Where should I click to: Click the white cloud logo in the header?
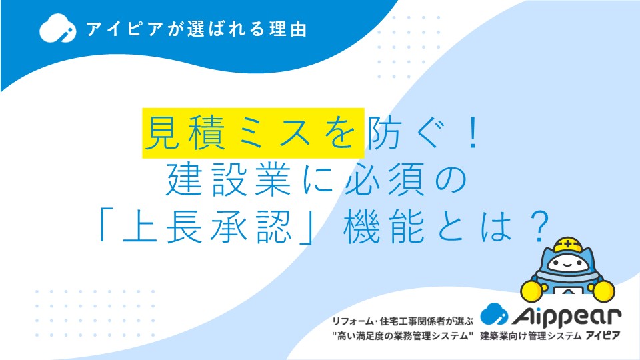[x=57, y=28]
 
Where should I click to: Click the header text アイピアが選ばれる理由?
[x=196, y=29]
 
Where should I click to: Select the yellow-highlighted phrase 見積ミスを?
[x=253, y=133]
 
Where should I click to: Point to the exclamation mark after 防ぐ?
[x=473, y=133]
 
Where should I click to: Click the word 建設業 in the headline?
[x=228, y=179]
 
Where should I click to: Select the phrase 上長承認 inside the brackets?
[x=207, y=227]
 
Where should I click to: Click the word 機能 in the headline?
[x=384, y=227]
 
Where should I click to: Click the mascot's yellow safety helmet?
[x=568, y=245]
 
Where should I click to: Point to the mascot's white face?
[x=567, y=264]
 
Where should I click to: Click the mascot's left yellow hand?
[x=532, y=290]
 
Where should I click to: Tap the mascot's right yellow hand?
[x=603, y=291]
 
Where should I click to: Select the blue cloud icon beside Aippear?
[x=494, y=314]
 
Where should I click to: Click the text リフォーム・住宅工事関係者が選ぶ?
[x=403, y=321]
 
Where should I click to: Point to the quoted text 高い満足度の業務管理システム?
[x=403, y=336]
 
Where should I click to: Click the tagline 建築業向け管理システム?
[x=531, y=336]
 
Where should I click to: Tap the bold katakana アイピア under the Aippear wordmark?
[x=603, y=336]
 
